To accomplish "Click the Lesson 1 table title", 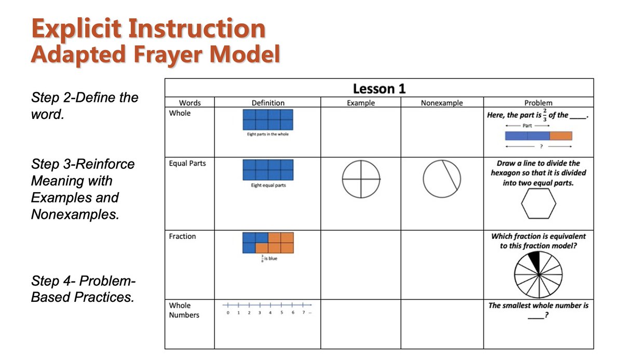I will pos(379,89).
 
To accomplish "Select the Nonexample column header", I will pos(442,103).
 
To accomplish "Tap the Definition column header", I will pos(268,103).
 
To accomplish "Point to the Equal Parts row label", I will pos(187,164).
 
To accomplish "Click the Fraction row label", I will pos(182,236).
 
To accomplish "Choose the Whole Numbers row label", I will pos(184,310).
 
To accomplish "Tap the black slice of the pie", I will pos(534,261).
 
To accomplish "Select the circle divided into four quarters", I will pos(361,179).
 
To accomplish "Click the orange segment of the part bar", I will pos(561,136).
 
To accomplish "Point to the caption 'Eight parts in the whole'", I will pos(268,134).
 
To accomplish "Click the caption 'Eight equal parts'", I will pos(268,185).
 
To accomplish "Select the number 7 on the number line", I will pos(304,313).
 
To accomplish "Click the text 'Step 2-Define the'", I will pos(85,98).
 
